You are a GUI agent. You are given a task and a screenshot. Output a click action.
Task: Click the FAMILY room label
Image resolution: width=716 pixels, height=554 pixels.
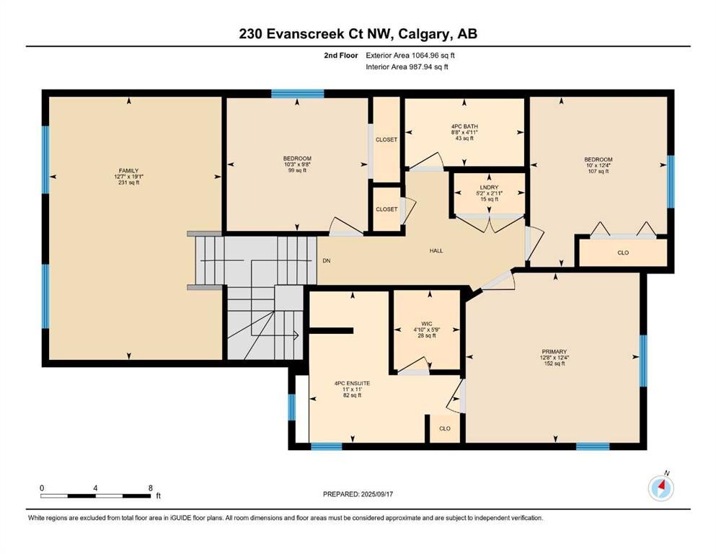tap(129, 171)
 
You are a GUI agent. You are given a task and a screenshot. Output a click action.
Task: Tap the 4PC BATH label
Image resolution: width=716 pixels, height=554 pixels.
tap(464, 126)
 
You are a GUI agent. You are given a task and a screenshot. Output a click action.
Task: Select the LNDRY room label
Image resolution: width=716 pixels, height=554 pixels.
tap(489, 188)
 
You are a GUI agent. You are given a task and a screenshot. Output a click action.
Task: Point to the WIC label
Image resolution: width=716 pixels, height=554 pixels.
tap(426, 324)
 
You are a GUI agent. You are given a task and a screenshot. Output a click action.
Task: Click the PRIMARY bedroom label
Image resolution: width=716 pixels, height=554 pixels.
tap(554, 352)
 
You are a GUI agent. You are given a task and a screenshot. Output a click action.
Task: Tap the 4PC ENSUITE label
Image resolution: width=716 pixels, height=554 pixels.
tap(352, 384)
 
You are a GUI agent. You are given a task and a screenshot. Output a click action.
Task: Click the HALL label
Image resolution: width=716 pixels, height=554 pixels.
tap(436, 251)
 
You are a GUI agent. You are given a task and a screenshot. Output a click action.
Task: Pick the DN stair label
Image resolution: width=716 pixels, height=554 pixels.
tap(327, 261)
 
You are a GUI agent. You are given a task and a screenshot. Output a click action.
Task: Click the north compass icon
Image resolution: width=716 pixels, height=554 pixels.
tap(660, 488)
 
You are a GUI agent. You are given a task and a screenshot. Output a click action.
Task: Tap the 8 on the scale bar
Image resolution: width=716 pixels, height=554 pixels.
tap(151, 488)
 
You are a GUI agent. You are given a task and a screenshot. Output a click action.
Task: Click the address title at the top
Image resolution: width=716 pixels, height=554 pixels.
tap(358, 34)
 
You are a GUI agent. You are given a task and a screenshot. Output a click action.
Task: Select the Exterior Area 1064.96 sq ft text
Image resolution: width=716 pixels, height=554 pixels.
tap(410, 56)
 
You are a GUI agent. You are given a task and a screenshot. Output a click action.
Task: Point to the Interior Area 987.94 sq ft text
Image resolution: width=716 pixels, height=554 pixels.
tap(407, 66)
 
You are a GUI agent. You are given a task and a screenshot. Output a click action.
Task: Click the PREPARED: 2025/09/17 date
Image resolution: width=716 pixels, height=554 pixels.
tap(358, 494)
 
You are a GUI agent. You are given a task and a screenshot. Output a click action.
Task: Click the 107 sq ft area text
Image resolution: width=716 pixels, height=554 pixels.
tap(598, 171)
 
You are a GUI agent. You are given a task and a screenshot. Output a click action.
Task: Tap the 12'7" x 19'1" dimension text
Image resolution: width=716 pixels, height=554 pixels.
tap(129, 177)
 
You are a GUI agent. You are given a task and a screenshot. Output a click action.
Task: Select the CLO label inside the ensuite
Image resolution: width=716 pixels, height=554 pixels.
tap(445, 428)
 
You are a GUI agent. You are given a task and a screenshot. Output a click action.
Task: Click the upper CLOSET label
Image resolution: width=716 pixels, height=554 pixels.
tap(386, 140)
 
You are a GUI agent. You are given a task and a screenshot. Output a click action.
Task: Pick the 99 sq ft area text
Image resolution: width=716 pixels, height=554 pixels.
tap(297, 170)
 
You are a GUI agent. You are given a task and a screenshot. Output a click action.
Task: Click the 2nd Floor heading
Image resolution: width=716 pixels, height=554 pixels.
tap(340, 56)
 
